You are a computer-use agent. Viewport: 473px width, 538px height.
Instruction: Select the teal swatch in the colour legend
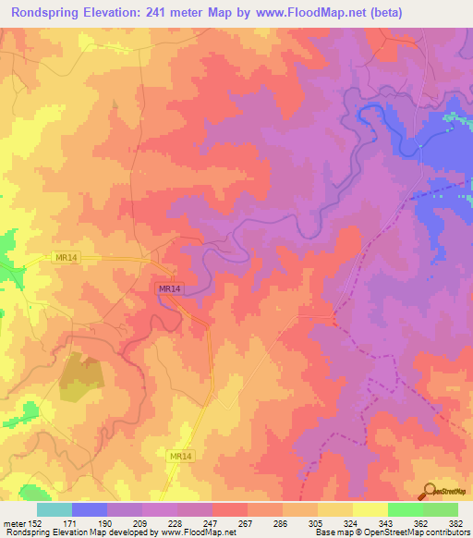pos(54,509)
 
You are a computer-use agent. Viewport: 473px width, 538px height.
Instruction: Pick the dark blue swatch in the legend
pos(89,509)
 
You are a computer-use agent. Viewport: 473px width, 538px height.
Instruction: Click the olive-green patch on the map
pos(81,378)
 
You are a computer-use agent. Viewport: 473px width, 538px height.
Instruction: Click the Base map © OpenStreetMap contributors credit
pos(391,532)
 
